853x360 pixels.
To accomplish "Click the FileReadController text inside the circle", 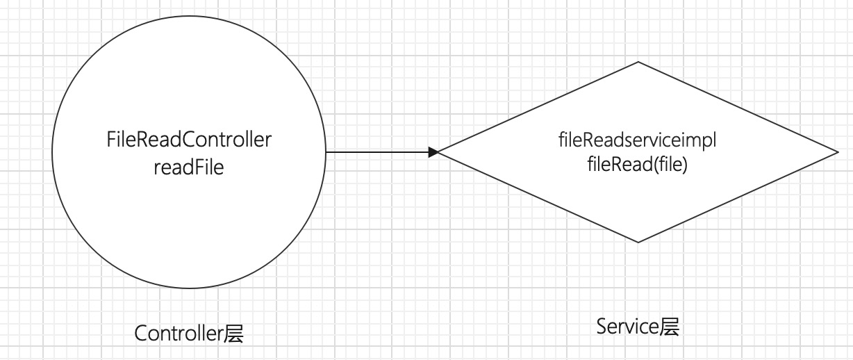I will coord(189,141).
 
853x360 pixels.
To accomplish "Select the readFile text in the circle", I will coord(189,167).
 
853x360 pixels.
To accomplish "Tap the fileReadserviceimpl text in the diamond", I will coord(636,141).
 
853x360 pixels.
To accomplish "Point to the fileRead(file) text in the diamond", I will coord(636,167).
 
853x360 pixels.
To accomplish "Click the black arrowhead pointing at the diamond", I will coord(433,152).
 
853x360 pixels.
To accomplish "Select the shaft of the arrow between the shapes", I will coord(379,152).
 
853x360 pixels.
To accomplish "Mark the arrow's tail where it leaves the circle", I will coord(328,152).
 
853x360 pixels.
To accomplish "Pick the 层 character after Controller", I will coord(234,334).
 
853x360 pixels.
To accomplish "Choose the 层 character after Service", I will coord(668,326).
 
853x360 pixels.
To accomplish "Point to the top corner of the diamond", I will coord(638,63).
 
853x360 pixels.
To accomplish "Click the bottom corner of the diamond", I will coord(638,243).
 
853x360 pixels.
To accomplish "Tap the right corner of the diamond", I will coord(838,152).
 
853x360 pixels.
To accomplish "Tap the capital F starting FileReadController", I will coord(112,141).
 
